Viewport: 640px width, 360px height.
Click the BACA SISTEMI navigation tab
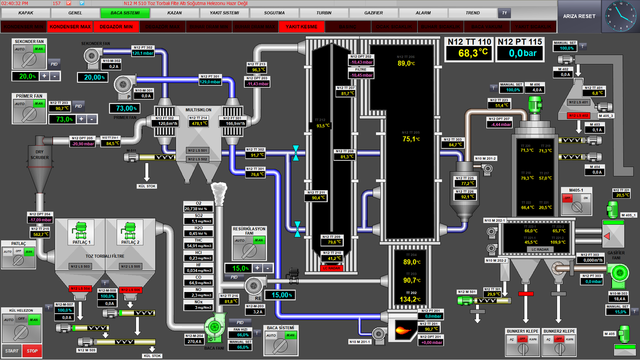[125, 13]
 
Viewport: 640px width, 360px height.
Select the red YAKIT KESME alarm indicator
[301, 27]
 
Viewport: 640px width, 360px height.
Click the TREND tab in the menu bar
[472, 13]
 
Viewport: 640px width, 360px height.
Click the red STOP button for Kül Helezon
[32, 351]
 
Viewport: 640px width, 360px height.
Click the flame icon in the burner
[403, 330]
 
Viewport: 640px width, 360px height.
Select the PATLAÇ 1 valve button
[81, 232]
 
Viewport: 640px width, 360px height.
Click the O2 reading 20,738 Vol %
[198, 209]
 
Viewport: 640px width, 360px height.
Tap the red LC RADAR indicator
[331, 268]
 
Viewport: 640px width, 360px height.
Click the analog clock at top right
[620, 16]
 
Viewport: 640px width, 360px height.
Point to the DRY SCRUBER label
[40, 155]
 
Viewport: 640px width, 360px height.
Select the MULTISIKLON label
[198, 110]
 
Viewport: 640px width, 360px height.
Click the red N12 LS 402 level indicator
[578, 116]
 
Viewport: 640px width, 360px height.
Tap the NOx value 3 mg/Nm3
[198, 307]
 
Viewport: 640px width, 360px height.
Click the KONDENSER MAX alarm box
[70, 27]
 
